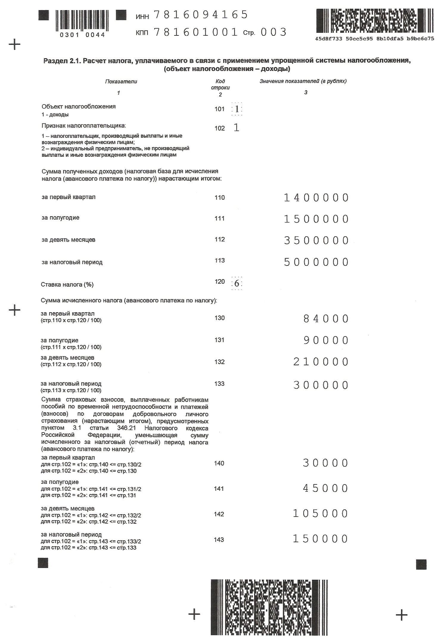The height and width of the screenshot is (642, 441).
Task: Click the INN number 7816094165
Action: [x=201, y=15]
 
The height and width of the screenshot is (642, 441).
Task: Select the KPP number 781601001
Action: [x=196, y=32]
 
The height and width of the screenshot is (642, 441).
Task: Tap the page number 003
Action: [x=273, y=32]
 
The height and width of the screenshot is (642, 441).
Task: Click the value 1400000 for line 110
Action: [x=316, y=198]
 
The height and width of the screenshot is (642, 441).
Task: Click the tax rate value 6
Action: [x=237, y=283]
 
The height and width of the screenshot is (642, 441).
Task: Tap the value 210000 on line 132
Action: [x=321, y=362]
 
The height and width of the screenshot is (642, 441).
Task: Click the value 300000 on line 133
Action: [x=321, y=385]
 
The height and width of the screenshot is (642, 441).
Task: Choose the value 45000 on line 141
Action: [x=325, y=489]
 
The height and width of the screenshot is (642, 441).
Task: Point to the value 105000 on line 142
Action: [x=320, y=514]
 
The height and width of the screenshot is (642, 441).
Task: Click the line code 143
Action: [x=219, y=540]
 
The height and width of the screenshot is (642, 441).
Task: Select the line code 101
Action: [x=220, y=109]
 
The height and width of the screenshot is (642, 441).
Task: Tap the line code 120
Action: [x=220, y=282]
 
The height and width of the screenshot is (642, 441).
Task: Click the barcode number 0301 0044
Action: [x=82, y=35]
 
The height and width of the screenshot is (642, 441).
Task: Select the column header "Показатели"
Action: [x=121, y=82]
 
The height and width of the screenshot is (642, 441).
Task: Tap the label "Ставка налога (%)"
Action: [x=67, y=285]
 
